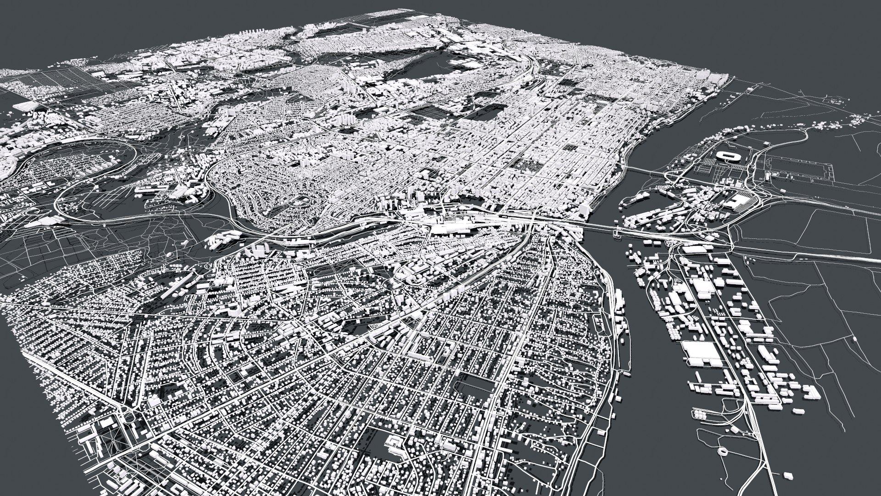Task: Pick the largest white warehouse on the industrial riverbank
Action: coord(701,354)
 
